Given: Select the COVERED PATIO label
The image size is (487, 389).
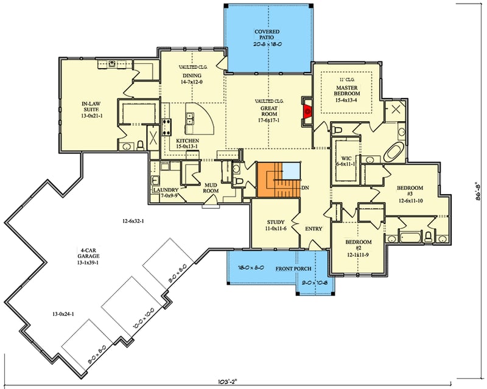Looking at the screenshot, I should (x=267, y=35).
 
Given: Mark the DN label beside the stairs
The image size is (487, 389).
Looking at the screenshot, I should (x=305, y=188).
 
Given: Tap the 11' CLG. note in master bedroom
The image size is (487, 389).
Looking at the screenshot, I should (x=348, y=80).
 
